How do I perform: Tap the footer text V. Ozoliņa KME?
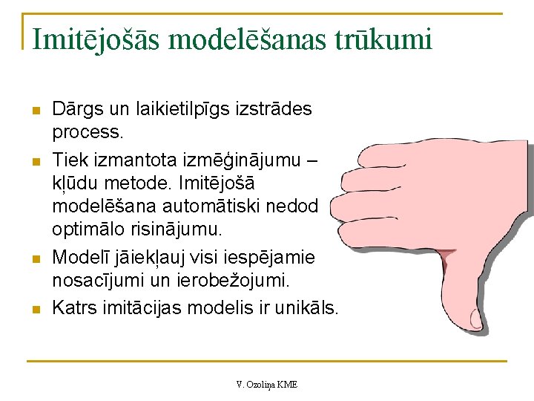click(x=267, y=384)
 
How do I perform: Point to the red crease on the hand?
click(x=447, y=260)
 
